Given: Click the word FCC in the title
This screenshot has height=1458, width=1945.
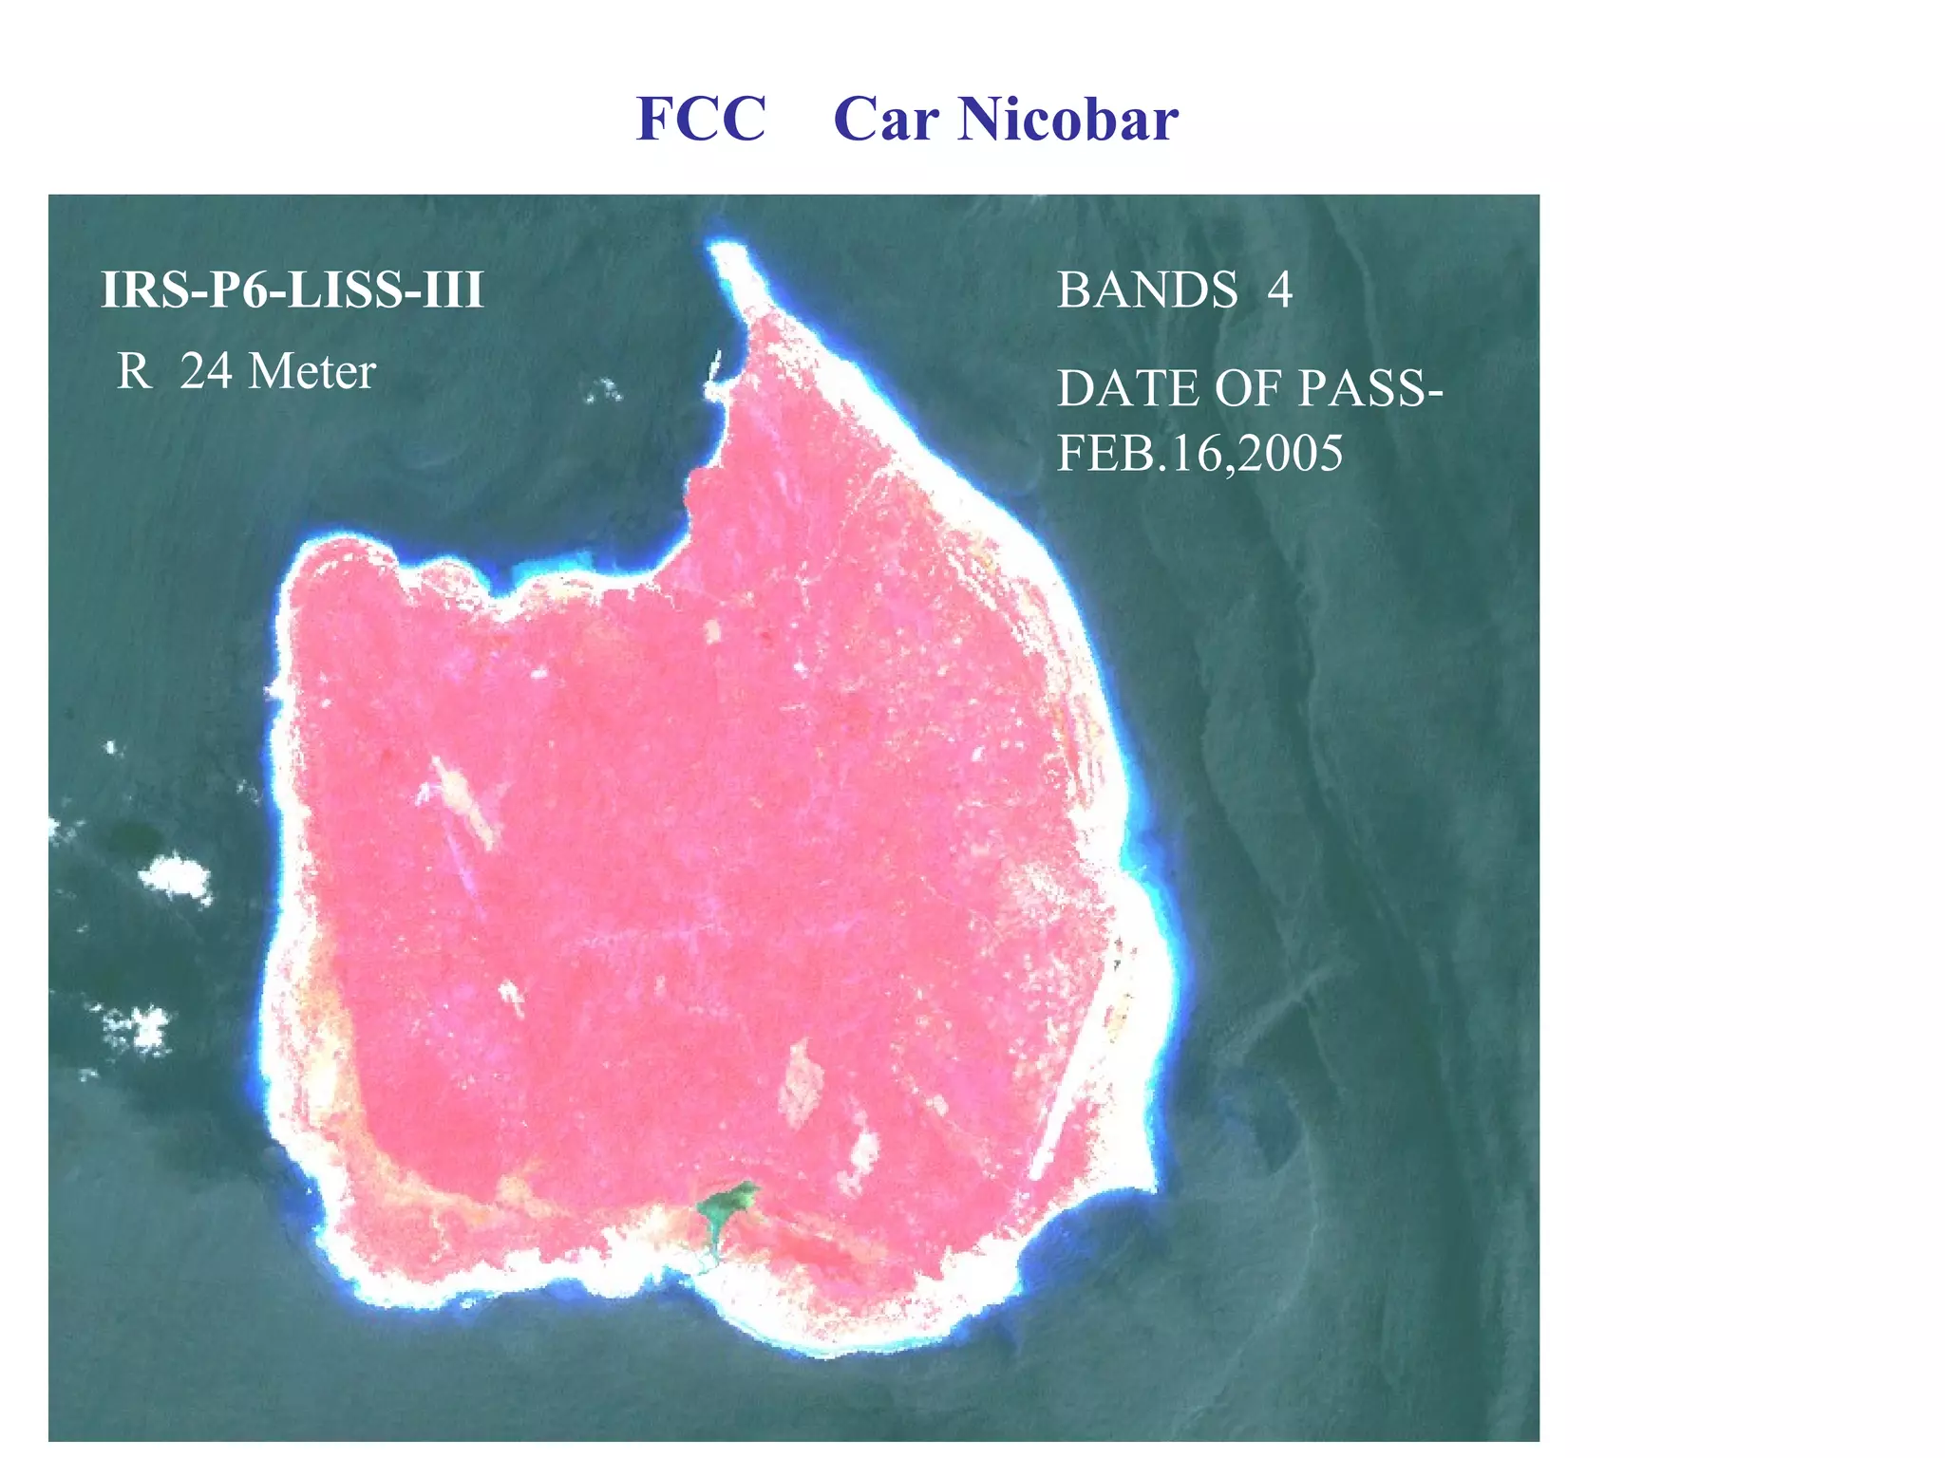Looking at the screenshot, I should tap(701, 120).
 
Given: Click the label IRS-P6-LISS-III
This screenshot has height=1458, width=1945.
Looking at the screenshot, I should tap(293, 290).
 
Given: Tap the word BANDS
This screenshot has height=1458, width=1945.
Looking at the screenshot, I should tap(1147, 290).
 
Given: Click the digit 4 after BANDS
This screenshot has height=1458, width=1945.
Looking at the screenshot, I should tap(1279, 290).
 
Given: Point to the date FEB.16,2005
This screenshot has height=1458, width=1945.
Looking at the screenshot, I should tap(1199, 453).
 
